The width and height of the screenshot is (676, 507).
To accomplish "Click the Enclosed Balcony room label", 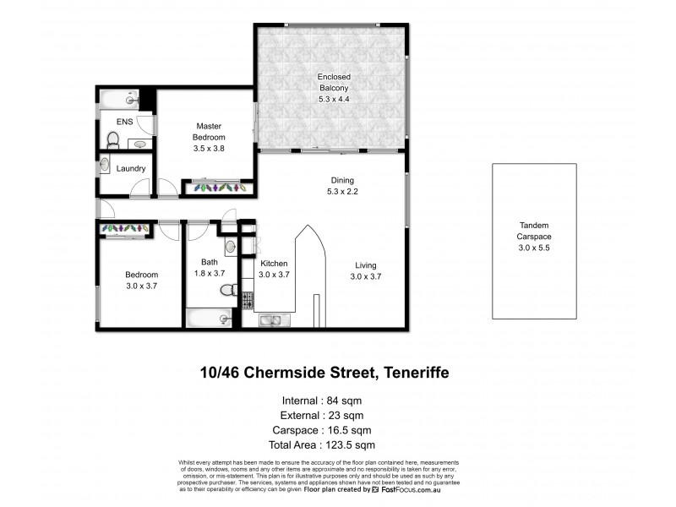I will [334, 85].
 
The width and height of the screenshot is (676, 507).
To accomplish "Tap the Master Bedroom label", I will [207, 137].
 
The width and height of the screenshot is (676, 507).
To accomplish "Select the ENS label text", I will [123, 122].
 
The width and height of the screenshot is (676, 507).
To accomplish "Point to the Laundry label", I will [131, 168].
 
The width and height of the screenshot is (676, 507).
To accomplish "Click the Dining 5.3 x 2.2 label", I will [342, 187].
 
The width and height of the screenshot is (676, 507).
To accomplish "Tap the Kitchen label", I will [274, 270].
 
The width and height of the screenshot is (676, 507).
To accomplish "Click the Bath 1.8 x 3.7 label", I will [210, 268].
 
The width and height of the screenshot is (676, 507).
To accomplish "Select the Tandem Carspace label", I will [534, 231].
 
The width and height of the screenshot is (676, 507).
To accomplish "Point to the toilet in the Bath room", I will [226, 291].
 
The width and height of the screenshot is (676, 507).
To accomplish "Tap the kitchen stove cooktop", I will [248, 299].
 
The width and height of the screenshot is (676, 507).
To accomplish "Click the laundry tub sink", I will [104, 164].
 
